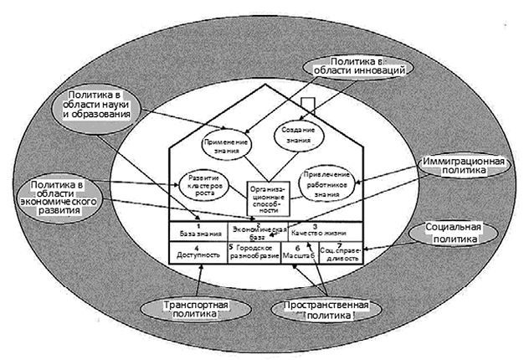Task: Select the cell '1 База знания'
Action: click(198, 231)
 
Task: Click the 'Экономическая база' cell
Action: click(259, 231)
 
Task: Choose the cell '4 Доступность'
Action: click(198, 252)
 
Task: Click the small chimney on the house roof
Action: click(306, 105)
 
